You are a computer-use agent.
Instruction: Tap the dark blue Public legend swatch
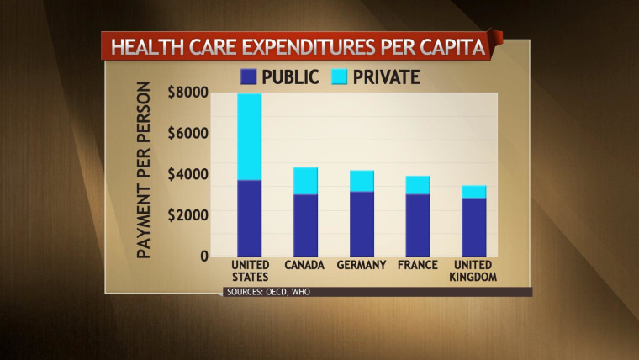click(x=248, y=77)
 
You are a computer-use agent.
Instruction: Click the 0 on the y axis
click(x=201, y=256)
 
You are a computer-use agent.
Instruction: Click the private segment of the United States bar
click(x=249, y=137)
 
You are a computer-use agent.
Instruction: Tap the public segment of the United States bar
click(x=249, y=218)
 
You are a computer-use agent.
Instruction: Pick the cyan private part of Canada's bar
click(x=306, y=181)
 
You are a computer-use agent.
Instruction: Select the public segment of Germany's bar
click(x=362, y=224)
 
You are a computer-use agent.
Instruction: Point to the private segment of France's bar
click(x=418, y=185)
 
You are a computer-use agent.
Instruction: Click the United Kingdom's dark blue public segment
click(x=474, y=227)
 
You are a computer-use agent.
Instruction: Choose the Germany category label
click(x=362, y=266)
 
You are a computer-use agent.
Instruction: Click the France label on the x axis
click(x=418, y=266)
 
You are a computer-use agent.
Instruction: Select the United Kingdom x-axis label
click(x=474, y=271)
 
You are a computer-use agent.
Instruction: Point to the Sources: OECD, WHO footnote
click(x=261, y=292)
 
